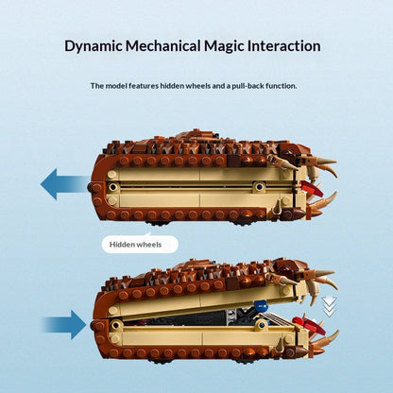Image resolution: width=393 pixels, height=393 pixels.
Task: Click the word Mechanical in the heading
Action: tap(162, 45)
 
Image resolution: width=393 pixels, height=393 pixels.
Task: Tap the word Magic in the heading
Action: tap(224, 46)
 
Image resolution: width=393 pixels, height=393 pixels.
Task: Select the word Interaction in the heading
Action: tap(283, 45)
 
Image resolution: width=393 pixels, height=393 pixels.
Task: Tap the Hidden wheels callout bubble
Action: tap(140, 244)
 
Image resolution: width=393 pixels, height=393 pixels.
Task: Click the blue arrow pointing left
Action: tap(64, 184)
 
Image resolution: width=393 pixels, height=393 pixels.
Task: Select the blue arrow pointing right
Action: tap(64, 325)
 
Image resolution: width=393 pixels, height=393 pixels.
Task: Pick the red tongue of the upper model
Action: tap(312, 187)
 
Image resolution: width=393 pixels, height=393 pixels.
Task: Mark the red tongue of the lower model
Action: tap(309, 325)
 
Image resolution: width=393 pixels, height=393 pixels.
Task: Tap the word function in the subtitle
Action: tap(282, 86)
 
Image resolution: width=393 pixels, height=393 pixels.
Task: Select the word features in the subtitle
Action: tap(144, 86)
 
